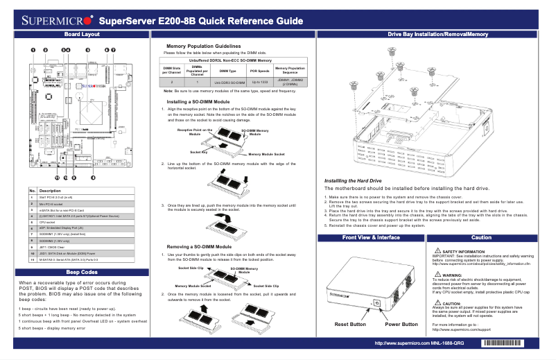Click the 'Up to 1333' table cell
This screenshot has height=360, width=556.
pyautogui.click(x=259, y=82)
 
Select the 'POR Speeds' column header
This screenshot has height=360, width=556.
pyautogui.click(x=259, y=71)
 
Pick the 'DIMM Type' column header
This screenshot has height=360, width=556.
pyautogui.click(x=227, y=71)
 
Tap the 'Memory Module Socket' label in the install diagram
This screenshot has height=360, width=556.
pyautogui.click(x=267, y=154)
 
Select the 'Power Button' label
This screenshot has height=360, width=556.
pyautogui.click(x=401, y=324)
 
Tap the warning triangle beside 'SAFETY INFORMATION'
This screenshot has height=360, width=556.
pyautogui.click(x=437, y=251)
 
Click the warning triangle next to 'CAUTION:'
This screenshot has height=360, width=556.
pyautogui.click(x=437, y=303)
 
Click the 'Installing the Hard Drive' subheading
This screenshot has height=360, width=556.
pyautogui.click(x=353, y=181)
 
